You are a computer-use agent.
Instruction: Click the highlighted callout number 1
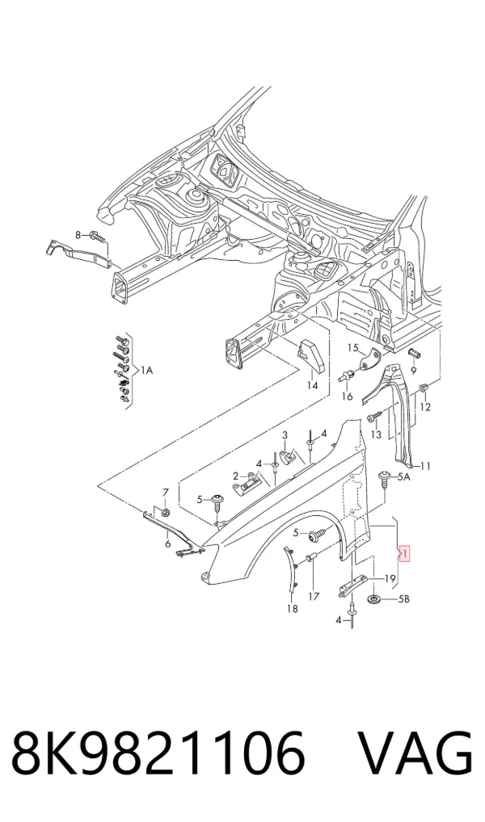(x=406, y=552)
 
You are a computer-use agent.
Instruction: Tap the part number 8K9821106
(x=158, y=754)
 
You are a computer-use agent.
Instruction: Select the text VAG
(x=414, y=754)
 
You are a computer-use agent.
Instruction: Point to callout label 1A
(x=146, y=371)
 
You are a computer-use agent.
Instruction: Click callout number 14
(x=312, y=386)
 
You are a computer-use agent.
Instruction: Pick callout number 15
(x=352, y=347)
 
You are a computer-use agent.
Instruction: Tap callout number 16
(x=347, y=396)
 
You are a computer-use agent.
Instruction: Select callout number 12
(x=425, y=407)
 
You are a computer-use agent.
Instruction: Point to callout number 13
(x=376, y=434)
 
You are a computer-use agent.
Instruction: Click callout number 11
(x=425, y=466)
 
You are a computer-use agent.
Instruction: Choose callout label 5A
(x=403, y=477)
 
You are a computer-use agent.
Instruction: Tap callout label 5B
(x=403, y=599)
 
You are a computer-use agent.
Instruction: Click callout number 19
(x=390, y=579)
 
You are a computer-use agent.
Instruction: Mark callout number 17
(x=314, y=596)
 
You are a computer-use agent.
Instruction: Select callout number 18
(x=293, y=609)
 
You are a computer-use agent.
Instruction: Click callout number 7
(x=166, y=493)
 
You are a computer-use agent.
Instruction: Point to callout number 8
(x=78, y=235)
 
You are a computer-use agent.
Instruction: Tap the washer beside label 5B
(x=376, y=599)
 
